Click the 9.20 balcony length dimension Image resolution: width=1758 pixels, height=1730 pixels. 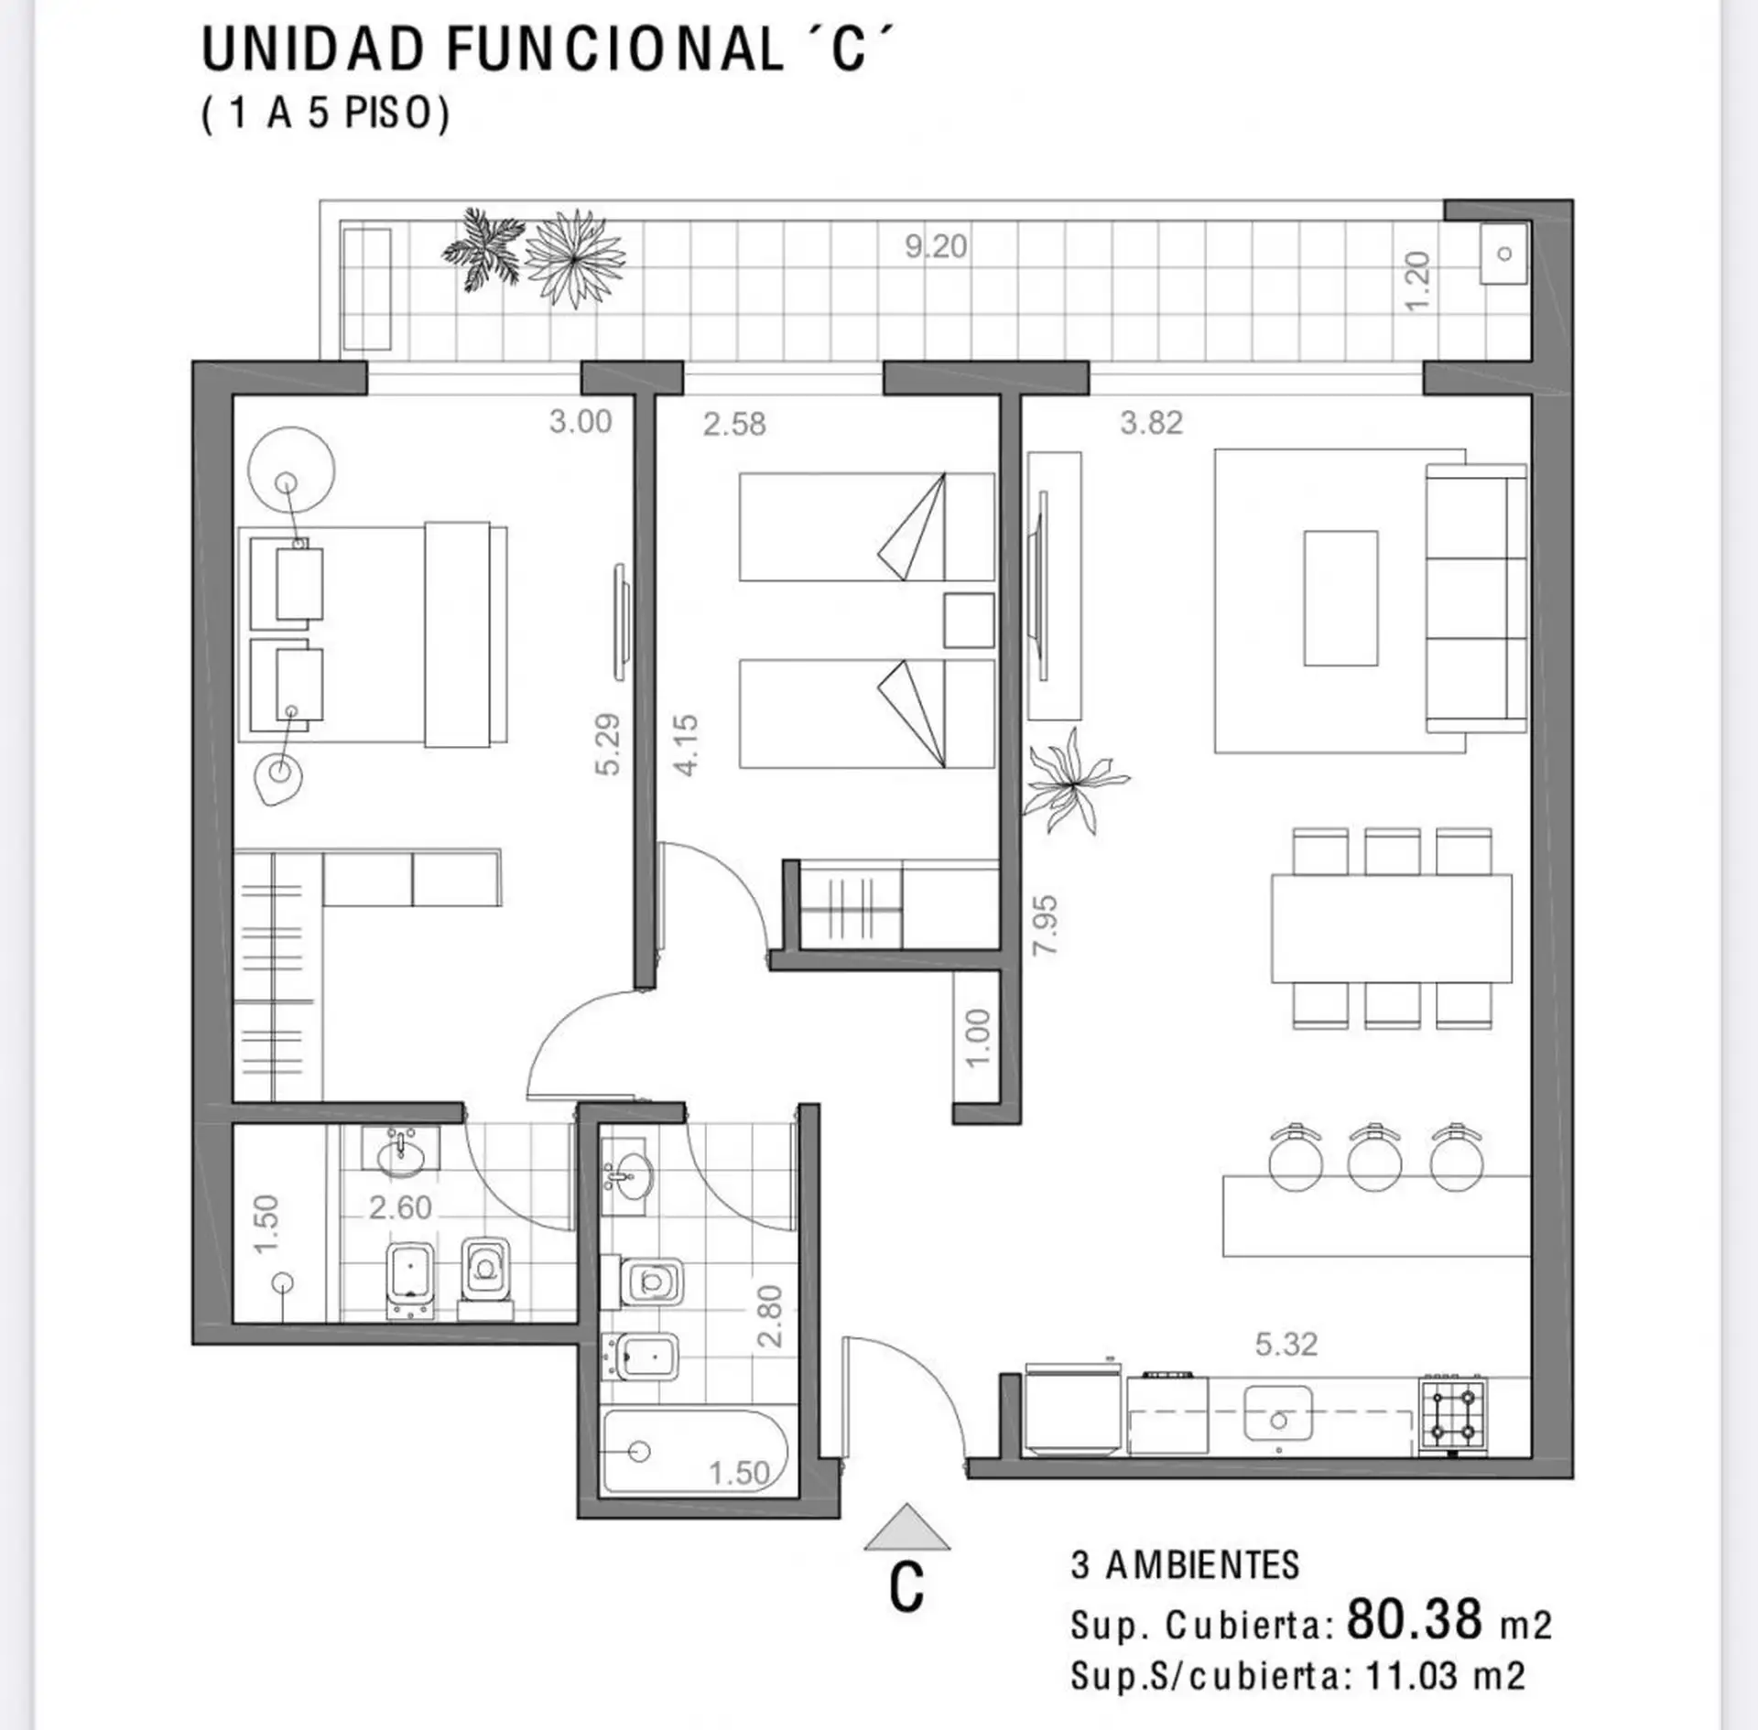coord(936,246)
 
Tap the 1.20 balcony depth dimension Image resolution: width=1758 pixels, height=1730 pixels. coord(1416,282)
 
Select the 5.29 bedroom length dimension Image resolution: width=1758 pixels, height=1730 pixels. coord(607,744)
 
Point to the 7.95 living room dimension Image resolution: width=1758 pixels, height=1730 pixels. coord(1045,925)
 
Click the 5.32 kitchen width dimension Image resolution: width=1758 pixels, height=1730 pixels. coord(1286,1344)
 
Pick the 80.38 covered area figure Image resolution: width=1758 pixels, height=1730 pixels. coord(1415,1618)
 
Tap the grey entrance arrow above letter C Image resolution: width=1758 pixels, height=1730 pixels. coord(906,1528)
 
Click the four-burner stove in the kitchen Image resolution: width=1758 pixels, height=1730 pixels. coord(1453,1415)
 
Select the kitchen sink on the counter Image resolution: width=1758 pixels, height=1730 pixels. coord(1278,1413)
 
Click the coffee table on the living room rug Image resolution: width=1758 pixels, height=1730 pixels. coord(1340,599)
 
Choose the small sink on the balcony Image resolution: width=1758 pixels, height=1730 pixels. coord(1503,254)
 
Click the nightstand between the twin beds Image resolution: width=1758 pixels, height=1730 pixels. coord(970,621)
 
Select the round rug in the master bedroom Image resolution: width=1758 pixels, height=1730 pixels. coord(291,470)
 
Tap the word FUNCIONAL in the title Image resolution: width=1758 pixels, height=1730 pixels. coord(614,50)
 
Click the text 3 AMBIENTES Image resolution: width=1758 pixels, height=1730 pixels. coord(1185,1565)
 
